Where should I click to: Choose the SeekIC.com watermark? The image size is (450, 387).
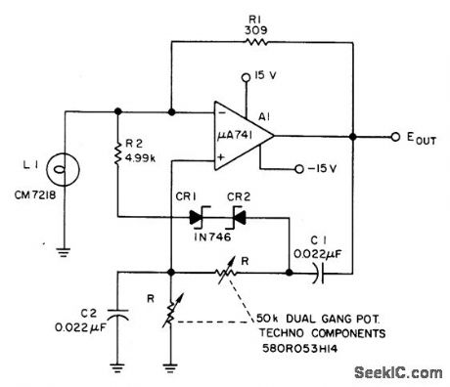point(401,372)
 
